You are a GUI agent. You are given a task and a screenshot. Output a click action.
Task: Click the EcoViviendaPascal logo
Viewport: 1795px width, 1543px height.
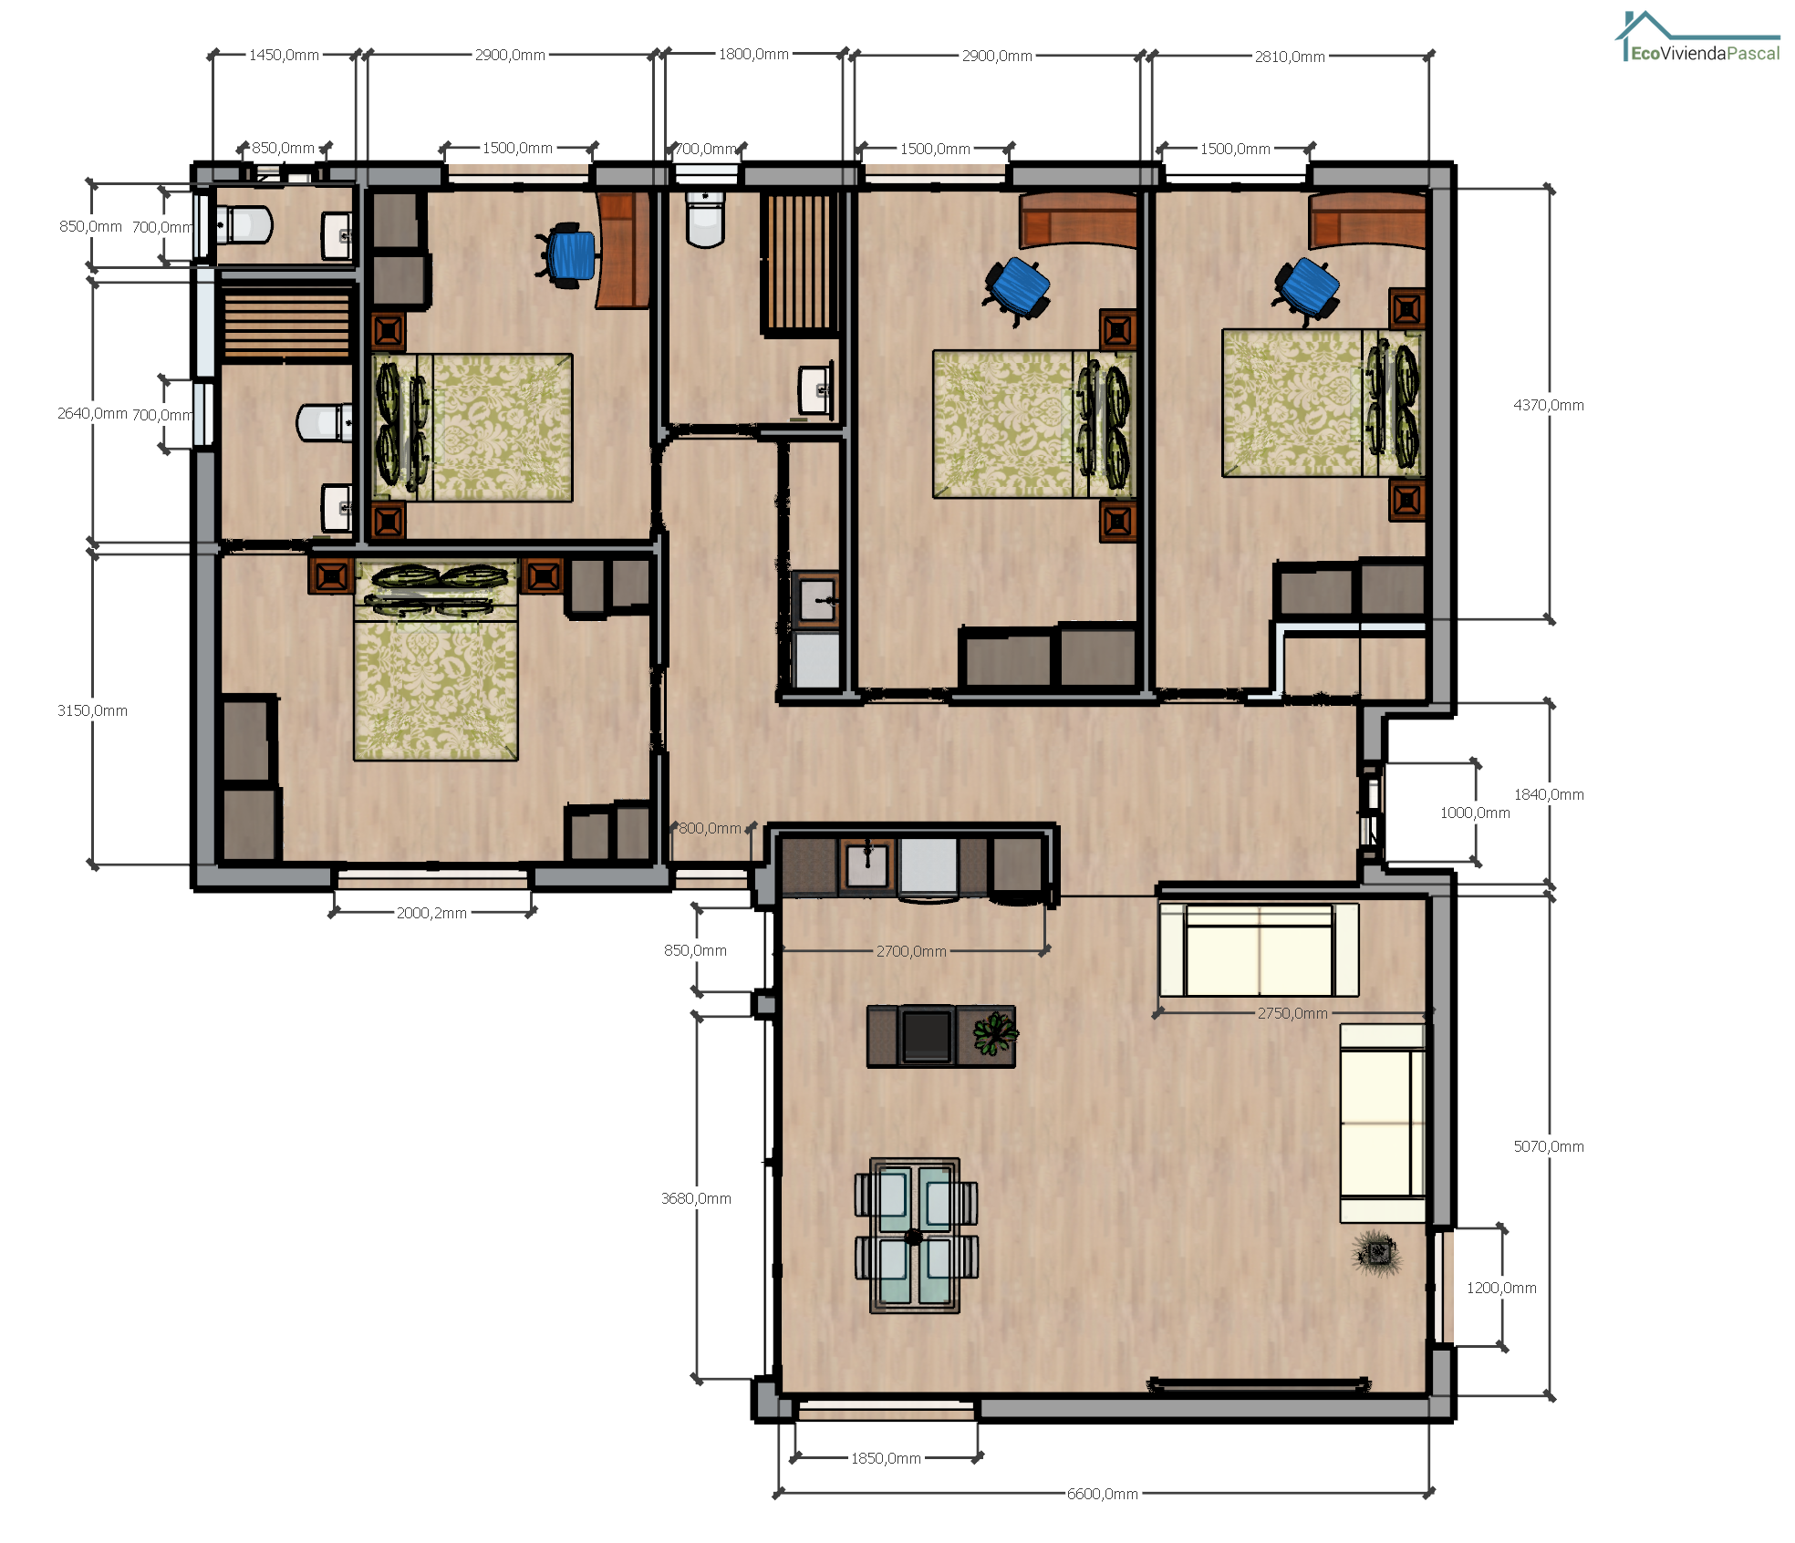point(1697,37)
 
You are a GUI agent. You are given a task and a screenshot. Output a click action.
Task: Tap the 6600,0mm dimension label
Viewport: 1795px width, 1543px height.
point(1103,1494)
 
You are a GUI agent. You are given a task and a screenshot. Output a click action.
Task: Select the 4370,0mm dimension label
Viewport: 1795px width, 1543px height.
point(1549,405)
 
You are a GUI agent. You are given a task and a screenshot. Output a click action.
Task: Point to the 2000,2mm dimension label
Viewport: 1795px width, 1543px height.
point(431,913)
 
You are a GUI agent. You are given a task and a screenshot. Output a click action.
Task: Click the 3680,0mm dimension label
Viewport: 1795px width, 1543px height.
point(696,1198)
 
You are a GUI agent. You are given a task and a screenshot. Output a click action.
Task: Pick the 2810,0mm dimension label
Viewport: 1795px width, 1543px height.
point(1290,57)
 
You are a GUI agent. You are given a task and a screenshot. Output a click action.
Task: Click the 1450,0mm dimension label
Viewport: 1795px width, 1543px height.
point(284,55)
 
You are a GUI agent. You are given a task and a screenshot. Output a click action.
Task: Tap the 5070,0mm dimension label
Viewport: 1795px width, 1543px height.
point(1549,1146)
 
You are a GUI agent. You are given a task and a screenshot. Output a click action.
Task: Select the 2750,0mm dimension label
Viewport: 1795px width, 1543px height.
point(1292,1013)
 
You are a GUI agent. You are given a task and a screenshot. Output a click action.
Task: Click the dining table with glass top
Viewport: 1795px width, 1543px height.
point(916,1236)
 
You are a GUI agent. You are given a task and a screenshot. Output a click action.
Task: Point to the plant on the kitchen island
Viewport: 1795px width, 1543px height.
point(994,1034)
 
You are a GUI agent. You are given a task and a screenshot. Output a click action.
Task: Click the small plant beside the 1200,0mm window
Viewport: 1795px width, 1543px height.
point(1377,1253)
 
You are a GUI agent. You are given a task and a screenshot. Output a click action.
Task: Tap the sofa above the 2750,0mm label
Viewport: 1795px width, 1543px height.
point(1259,949)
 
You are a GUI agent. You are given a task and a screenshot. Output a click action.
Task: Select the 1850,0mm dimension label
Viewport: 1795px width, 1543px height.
point(886,1458)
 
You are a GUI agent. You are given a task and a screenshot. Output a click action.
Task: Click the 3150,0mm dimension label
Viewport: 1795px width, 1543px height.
point(92,710)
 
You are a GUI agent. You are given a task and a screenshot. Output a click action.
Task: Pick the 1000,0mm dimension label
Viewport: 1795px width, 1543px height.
point(1475,813)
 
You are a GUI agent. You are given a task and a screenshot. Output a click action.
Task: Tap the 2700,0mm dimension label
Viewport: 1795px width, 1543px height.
point(911,951)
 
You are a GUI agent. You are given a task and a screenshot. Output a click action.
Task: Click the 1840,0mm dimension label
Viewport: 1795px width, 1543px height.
point(1549,794)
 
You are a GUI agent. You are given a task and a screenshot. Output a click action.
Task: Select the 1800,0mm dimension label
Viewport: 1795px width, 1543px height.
point(753,54)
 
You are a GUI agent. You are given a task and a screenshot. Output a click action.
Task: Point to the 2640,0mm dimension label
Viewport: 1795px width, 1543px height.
point(92,413)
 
